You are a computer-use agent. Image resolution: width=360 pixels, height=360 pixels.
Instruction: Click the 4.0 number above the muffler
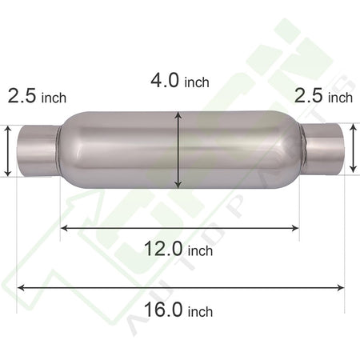165,80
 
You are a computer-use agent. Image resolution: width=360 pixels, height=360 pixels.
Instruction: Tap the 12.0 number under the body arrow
163,249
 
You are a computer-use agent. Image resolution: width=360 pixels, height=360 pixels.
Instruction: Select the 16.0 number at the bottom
163,310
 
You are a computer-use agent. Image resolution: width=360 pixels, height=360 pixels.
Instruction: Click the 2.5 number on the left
22,96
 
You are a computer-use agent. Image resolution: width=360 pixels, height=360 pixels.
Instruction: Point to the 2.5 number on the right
309,96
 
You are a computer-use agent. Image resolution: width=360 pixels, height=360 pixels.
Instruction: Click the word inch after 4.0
197,82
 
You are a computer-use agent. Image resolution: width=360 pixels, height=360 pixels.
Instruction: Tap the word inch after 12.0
200,250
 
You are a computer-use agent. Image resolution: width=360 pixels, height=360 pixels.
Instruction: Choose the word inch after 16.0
200,311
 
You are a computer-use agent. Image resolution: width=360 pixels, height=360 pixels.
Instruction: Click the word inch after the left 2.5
54,98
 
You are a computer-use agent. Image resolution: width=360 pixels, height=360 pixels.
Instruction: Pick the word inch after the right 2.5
341,98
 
